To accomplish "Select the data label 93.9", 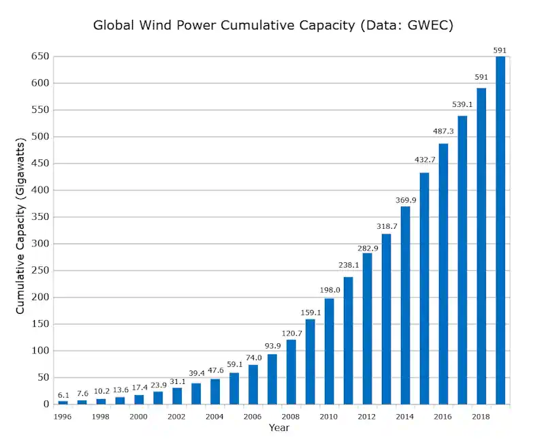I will point(272,346).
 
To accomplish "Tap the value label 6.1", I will point(63,395).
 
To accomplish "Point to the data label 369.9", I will point(405,200).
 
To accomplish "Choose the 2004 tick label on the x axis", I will point(214,417).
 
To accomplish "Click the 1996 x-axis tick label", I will point(63,417).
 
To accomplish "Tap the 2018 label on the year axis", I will point(481,417).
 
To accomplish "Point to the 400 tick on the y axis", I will point(40,191).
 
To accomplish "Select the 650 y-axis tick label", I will point(40,57).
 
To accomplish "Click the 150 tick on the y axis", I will point(40,324).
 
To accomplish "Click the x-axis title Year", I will point(278,428).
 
